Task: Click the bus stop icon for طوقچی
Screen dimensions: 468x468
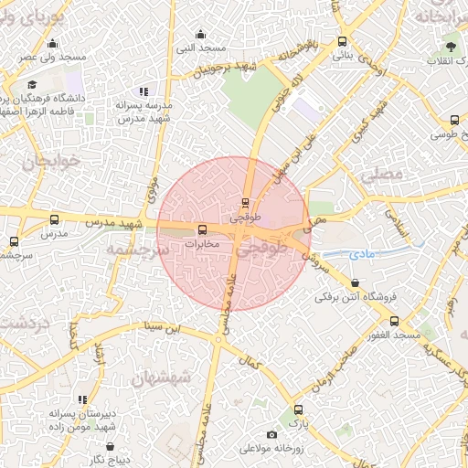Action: coord(244,203)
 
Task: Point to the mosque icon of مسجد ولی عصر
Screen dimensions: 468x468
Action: coord(52,43)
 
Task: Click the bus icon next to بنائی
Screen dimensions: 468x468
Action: coord(343,41)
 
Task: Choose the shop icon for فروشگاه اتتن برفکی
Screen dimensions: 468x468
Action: coord(354,282)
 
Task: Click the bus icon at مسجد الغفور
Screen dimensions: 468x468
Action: coord(395,321)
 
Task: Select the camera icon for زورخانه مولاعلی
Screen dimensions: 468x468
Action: coord(271,434)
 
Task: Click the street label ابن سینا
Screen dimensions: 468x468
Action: coord(168,324)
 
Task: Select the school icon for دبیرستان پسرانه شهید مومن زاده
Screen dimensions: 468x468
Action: coord(82,399)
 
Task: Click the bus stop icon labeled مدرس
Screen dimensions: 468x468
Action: coord(54,219)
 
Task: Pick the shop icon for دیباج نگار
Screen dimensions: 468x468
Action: coord(111,447)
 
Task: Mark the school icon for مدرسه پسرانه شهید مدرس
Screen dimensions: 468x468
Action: coord(143,91)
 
